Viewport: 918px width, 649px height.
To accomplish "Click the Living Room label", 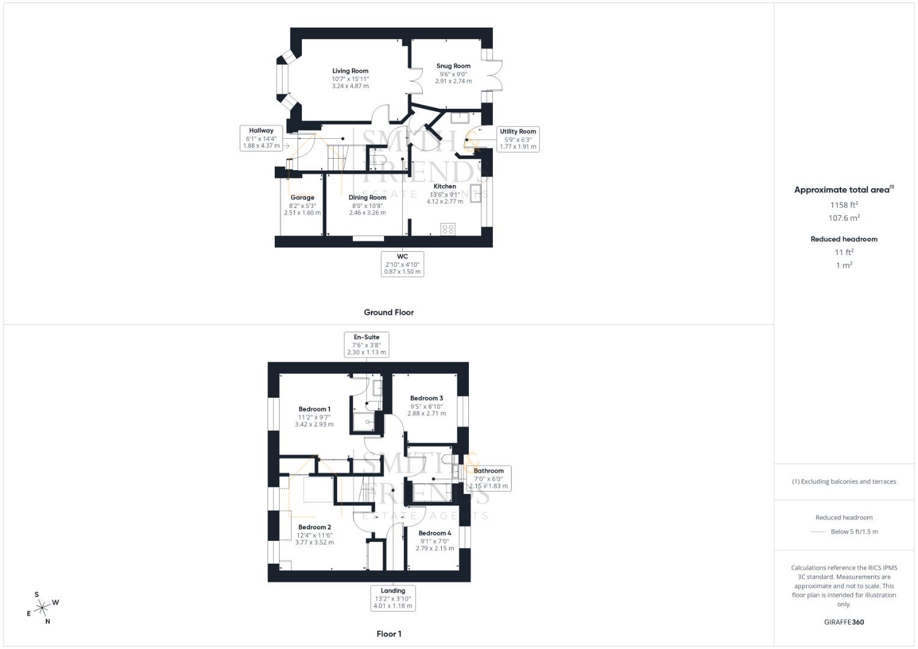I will pos(350,71).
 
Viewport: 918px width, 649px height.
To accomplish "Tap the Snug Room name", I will pos(453,66).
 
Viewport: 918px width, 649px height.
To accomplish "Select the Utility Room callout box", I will pos(518,139).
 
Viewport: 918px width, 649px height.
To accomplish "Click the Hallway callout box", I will pos(262,138).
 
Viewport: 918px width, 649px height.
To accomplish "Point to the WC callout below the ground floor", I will pos(402,264).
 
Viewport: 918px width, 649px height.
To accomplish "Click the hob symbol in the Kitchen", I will pos(448,229).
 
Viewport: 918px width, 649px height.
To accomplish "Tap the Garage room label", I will pos(302,198).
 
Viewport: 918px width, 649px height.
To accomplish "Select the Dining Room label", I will pos(367,198).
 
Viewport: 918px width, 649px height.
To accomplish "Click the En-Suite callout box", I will pos(366,344).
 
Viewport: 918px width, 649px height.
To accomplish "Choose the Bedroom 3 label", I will pos(426,398).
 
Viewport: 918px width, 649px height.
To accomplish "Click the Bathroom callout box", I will pos(488,478).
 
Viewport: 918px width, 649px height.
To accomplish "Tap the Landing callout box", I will pos(393,599).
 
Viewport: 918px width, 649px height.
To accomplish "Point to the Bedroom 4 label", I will pos(435,533).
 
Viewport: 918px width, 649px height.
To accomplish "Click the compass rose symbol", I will pos(42,608).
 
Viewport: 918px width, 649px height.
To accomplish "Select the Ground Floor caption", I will pos(388,312).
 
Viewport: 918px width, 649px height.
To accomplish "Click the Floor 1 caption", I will pos(388,634).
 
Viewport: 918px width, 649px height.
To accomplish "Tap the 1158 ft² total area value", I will pos(844,205).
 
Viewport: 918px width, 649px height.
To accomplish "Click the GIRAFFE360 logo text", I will pos(843,622).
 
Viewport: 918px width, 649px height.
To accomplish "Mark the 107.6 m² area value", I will pos(844,218).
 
